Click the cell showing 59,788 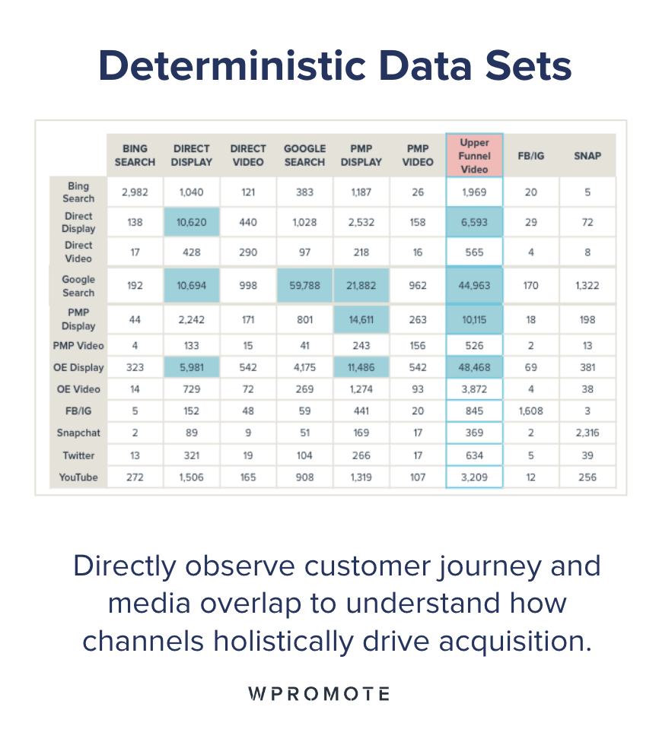click(x=304, y=286)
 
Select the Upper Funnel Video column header click(x=474, y=156)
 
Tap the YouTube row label click(x=78, y=477)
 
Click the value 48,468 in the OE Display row click(x=474, y=367)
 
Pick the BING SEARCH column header click(x=135, y=156)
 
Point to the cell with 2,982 click(x=135, y=192)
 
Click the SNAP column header click(x=587, y=156)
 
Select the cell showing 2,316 click(x=587, y=433)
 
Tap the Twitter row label click(x=78, y=455)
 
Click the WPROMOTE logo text click(x=319, y=693)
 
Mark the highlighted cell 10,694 click(x=191, y=286)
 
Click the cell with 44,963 click(x=474, y=286)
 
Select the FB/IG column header click(x=530, y=156)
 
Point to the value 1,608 click(x=530, y=411)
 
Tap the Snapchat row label click(x=78, y=433)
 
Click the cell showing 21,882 click(x=361, y=286)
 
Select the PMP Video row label click(x=78, y=345)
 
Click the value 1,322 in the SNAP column click(x=587, y=286)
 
